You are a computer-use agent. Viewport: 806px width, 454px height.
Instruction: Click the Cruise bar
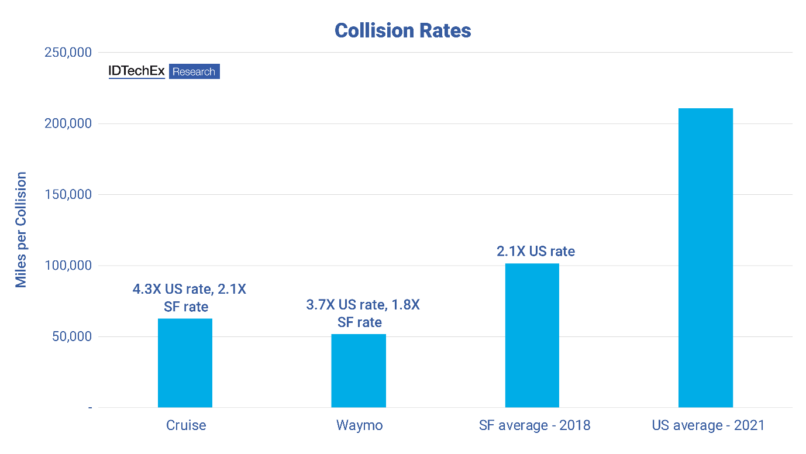185,363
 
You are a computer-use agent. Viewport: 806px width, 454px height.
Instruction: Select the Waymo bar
358,370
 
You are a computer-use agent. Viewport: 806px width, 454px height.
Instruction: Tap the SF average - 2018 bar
532,335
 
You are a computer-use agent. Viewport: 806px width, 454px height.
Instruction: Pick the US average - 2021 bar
705,257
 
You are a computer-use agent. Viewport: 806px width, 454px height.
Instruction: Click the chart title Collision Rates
402,30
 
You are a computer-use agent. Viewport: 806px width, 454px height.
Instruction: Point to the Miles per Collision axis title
22,229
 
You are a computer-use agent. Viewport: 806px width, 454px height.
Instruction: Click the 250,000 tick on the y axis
68,53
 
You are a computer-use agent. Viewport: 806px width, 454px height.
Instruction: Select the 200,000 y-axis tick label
68,123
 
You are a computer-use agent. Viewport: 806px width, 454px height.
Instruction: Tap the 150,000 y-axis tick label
68,194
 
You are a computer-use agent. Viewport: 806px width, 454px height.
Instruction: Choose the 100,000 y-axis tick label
68,266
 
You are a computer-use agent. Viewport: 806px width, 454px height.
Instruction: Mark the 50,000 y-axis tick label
71,336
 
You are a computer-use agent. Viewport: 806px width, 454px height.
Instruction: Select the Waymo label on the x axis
359,425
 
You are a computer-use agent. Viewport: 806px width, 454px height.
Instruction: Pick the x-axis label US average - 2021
708,425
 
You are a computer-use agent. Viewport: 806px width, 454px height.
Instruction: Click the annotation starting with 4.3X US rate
187,297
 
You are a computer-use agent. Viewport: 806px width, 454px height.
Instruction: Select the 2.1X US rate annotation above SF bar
535,252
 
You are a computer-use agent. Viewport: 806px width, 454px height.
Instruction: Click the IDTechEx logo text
136,71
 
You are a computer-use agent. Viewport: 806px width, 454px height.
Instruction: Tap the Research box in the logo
194,72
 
